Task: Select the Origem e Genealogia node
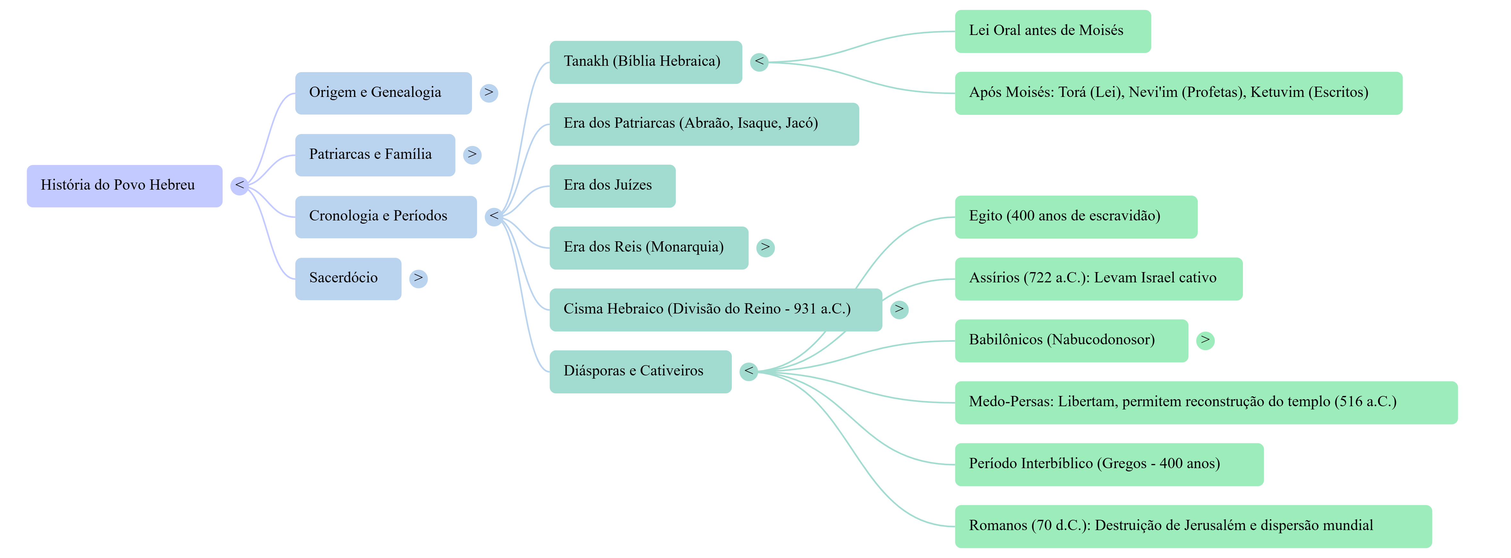(x=383, y=93)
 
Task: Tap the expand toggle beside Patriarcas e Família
(x=472, y=155)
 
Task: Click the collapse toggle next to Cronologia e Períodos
(x=494, y=217)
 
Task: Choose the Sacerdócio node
(x=348, y=278)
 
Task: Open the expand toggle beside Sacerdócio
(x=418, y=278)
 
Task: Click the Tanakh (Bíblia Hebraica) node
(x=645, y=62)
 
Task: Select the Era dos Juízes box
(x=612, y=185)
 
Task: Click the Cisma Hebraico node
(x=715, y=309)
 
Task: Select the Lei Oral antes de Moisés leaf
(x=1052, y=31)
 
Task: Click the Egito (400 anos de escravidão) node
(x=1076, y=217)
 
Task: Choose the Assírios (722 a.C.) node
(x=1098, y=278)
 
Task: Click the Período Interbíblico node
(x=1109, y=464)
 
